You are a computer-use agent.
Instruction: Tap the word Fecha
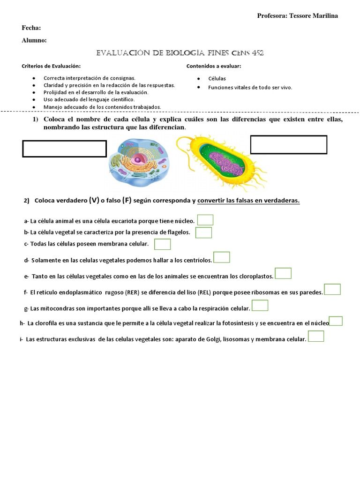(31, 28)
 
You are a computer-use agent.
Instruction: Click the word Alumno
(34, 41)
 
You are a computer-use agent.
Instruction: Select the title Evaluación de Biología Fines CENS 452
(180, 53)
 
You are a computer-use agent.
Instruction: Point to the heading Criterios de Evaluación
(51, 66)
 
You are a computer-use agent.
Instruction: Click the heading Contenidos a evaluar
(214, 66)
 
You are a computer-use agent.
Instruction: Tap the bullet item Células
(217, 78)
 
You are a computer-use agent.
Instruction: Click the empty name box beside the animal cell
(65, 149)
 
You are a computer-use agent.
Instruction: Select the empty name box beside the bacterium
(288, 144)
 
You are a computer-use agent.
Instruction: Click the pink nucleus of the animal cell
(138, 160)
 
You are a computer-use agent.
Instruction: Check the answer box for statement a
(205, 220)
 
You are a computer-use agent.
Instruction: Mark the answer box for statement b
(203, 232)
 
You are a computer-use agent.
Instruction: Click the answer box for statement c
(162, 244)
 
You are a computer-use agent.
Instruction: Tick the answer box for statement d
(221, 257)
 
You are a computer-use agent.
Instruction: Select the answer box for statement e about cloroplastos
(283, 273)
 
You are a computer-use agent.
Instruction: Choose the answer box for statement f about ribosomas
(332, 289)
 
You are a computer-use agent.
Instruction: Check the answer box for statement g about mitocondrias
(260, 306)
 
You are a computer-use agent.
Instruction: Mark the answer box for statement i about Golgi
(316, 336)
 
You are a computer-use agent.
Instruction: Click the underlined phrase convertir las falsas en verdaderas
(248, 201)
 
